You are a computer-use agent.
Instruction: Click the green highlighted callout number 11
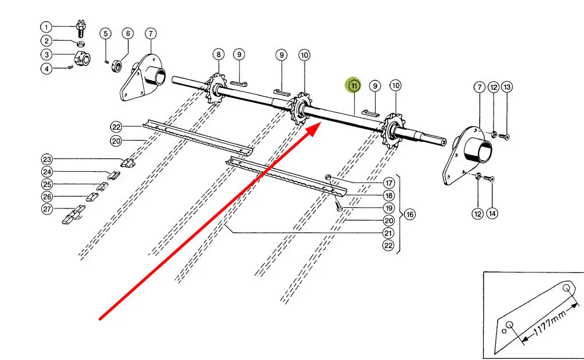coord(354,86)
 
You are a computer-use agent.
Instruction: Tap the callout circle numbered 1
coord(46,27)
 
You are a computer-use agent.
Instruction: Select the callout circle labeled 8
coord(218,55)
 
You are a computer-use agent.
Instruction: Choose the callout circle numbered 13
coord(507,87)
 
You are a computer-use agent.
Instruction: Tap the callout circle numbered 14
coord(492,213)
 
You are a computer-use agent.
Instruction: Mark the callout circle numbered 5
coord(105,33)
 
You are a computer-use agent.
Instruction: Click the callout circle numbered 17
coord(389,183)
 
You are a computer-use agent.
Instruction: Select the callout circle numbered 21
coord(389,233)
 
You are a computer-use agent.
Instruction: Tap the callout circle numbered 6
coord(127,33)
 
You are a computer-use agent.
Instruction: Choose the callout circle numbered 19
coord(389,208)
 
